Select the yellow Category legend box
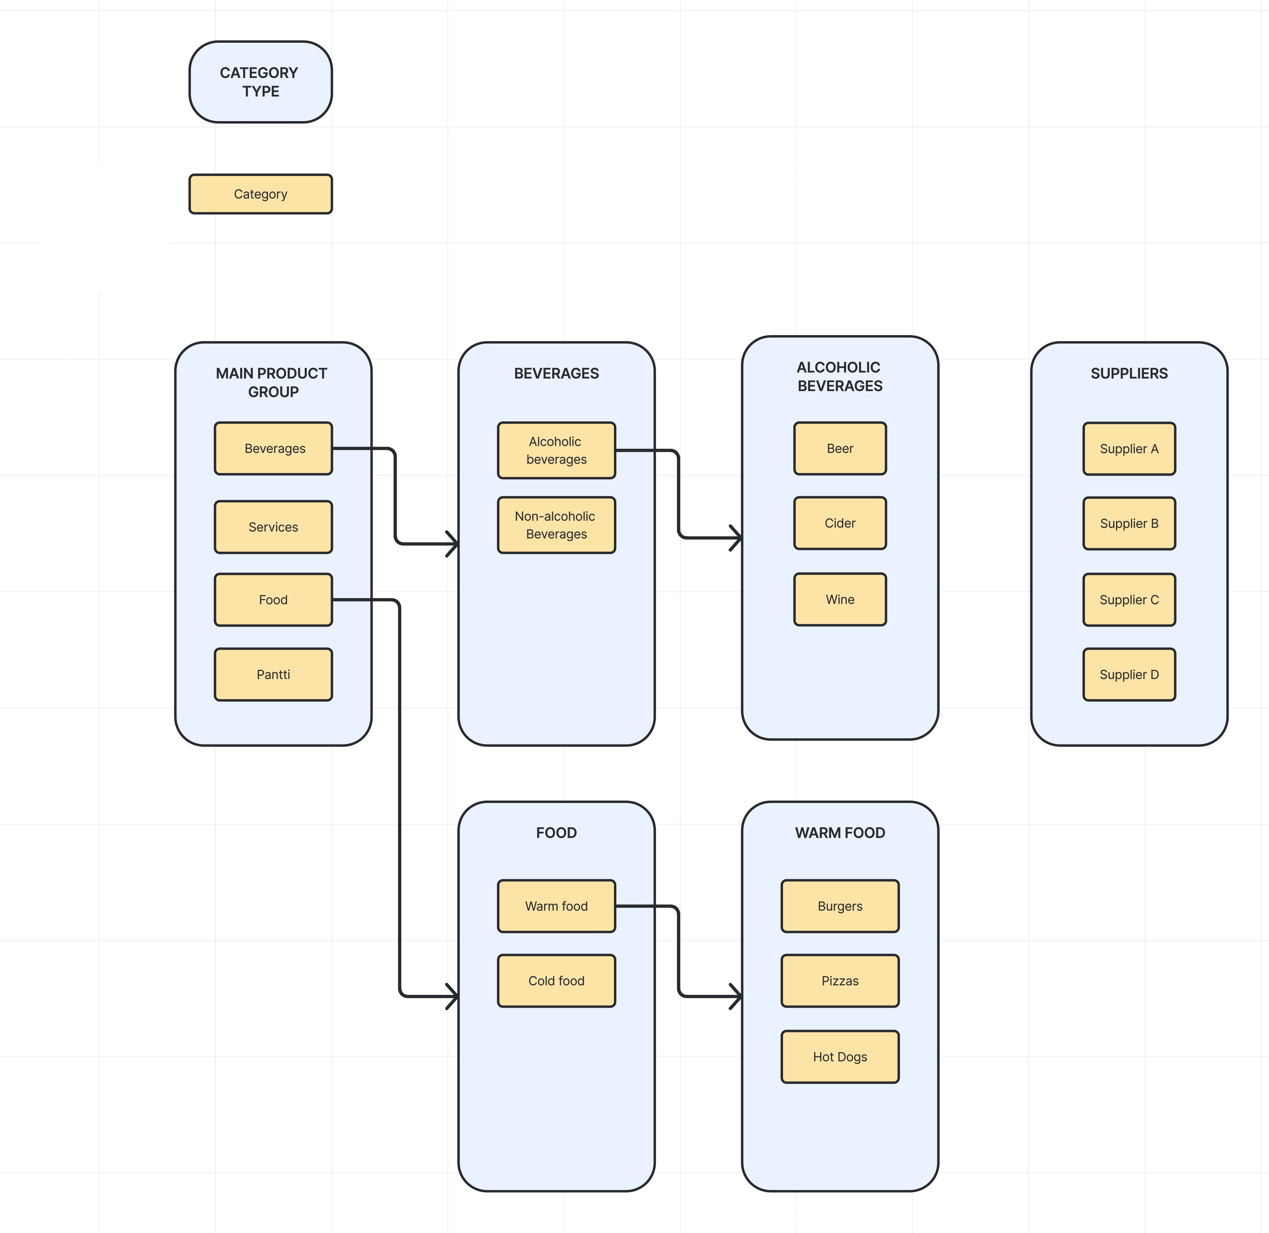[x=260, y=194]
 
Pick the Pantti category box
[x=273, y=675]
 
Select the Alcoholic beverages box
[x=556, y=451]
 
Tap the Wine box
[x=840, y=600]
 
